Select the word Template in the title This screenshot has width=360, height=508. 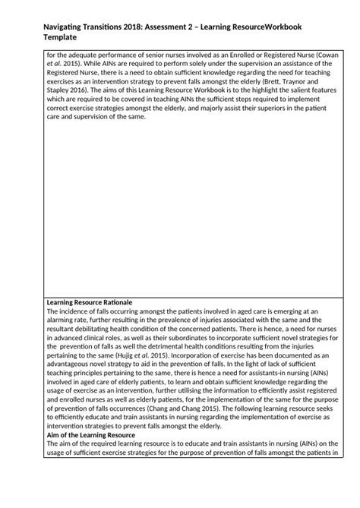[56, 37]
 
